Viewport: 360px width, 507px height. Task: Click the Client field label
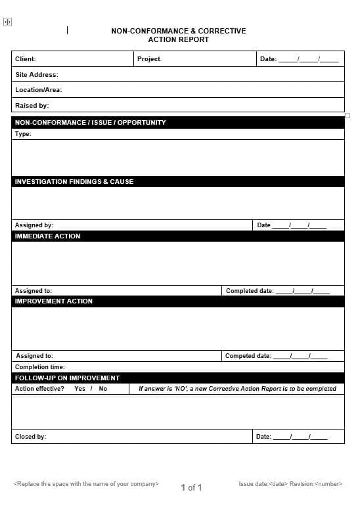(x=26, y=59)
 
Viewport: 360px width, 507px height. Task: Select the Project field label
(x=149, y=59)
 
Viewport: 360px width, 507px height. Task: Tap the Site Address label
(x=37, y=75)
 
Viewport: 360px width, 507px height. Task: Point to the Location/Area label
(x=39, y=90)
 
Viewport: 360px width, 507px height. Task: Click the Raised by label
(x=32, y=106)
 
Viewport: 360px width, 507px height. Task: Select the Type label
(x=23, y=134)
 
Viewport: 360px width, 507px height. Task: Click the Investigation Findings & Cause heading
(x=74, y=182)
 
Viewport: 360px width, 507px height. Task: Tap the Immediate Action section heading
(x=47, y=236)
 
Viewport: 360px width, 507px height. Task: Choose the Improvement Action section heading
(x=54, y=301)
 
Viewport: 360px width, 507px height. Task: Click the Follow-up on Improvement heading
(x=67, y=378)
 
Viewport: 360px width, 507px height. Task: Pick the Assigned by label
(x=34, y=225)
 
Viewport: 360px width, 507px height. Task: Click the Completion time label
(x=40, y=367)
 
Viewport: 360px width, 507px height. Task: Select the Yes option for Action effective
(x=79, y=389)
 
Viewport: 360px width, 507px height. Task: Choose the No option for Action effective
(x=103, y=389)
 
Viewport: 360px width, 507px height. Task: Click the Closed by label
(x=30, y=437)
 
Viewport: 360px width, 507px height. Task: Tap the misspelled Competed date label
(x=248, y=356)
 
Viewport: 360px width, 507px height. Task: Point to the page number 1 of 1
(x=191, y=487)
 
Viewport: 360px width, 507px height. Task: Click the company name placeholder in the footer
(x=86, y=484)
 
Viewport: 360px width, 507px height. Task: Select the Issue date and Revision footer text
(x=290, y=484)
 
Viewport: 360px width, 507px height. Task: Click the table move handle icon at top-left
(x=7, y=22)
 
